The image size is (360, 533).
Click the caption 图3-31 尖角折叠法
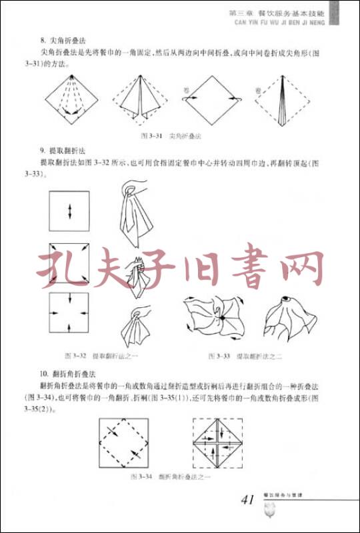[x=171, y=135]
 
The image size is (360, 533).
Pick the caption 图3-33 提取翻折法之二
[x=245, y=356]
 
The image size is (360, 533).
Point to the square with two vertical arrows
[x=69, y=211]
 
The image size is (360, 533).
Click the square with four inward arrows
[x=69, y=314]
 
